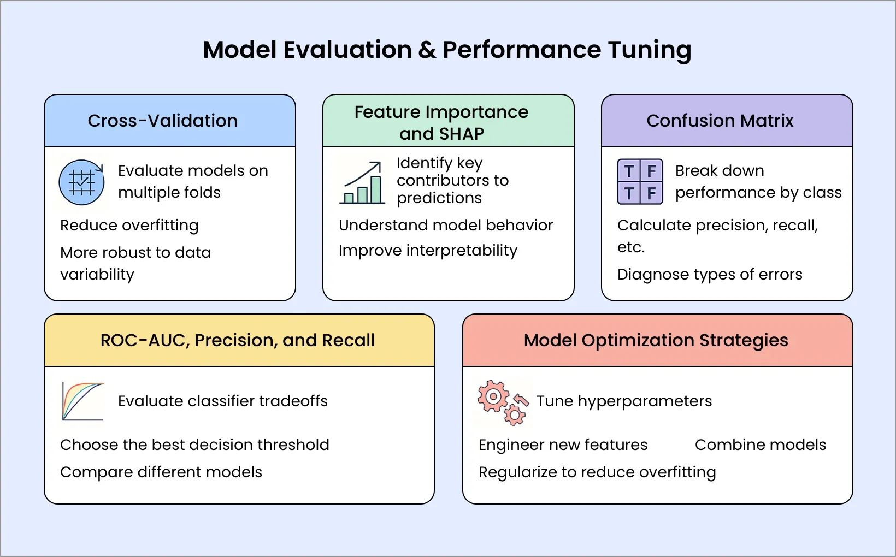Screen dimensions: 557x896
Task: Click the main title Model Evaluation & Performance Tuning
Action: point(447,50)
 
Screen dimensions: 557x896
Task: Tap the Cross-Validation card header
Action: point(163,121)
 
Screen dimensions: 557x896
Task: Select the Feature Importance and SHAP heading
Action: point(441,122)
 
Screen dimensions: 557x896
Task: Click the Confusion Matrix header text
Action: point(720,121)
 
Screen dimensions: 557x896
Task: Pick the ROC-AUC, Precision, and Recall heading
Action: point(238,340)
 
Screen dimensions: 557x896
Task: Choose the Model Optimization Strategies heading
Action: point(656,340)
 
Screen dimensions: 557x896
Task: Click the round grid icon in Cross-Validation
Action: point(81,182)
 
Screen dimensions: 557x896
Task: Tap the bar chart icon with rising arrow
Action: point(362,183)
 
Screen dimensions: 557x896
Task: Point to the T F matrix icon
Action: point(640,182)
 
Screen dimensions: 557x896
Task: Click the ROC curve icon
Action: point(82,401)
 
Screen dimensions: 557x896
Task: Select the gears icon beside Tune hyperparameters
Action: point(502,402)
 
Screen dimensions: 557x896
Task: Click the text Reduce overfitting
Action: point(129,225)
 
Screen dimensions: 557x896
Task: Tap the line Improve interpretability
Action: point(428,250)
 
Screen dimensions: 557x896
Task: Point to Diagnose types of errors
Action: point(709,274)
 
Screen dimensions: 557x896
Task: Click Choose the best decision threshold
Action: point(194,445)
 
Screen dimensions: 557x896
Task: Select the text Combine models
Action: point(760,445)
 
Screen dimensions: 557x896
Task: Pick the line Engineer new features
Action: point(563,445)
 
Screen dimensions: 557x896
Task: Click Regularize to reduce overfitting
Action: point(597,472)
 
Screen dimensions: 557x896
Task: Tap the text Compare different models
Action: point(161,472)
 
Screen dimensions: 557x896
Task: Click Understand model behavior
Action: point(446,225)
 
